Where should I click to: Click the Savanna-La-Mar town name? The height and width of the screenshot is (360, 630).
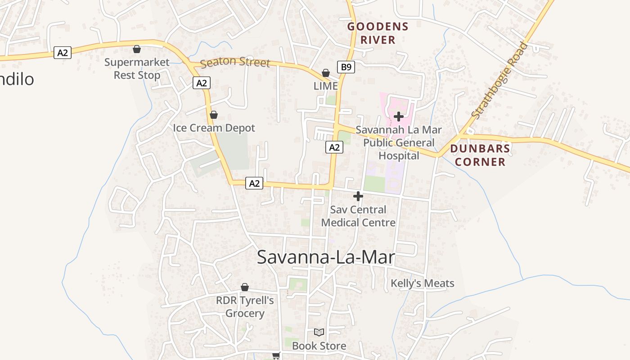326,257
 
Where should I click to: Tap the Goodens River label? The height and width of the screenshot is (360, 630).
378,33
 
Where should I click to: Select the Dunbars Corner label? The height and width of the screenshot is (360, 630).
480,155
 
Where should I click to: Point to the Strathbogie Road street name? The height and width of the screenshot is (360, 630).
499,80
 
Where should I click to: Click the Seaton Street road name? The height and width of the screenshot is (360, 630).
235,63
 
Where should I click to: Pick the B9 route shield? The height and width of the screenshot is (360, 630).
346,67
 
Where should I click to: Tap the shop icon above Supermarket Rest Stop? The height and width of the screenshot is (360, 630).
137,49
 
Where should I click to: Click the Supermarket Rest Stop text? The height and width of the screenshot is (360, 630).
137,68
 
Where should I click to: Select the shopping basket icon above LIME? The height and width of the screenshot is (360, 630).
326,73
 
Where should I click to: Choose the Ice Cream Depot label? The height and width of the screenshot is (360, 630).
214,128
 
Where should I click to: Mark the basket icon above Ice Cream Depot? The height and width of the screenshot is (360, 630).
214,115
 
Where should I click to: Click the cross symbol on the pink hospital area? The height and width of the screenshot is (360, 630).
398,117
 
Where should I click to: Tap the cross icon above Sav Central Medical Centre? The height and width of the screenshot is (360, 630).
358,196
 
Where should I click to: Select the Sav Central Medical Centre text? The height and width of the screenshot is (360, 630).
358,216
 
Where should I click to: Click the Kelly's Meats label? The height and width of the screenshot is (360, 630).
422,283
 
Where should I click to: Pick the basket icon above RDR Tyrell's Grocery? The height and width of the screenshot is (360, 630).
245,287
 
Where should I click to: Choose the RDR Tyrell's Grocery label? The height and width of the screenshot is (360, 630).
245,307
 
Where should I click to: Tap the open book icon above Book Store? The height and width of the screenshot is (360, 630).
319,333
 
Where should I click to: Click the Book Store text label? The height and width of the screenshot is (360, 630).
319,346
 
